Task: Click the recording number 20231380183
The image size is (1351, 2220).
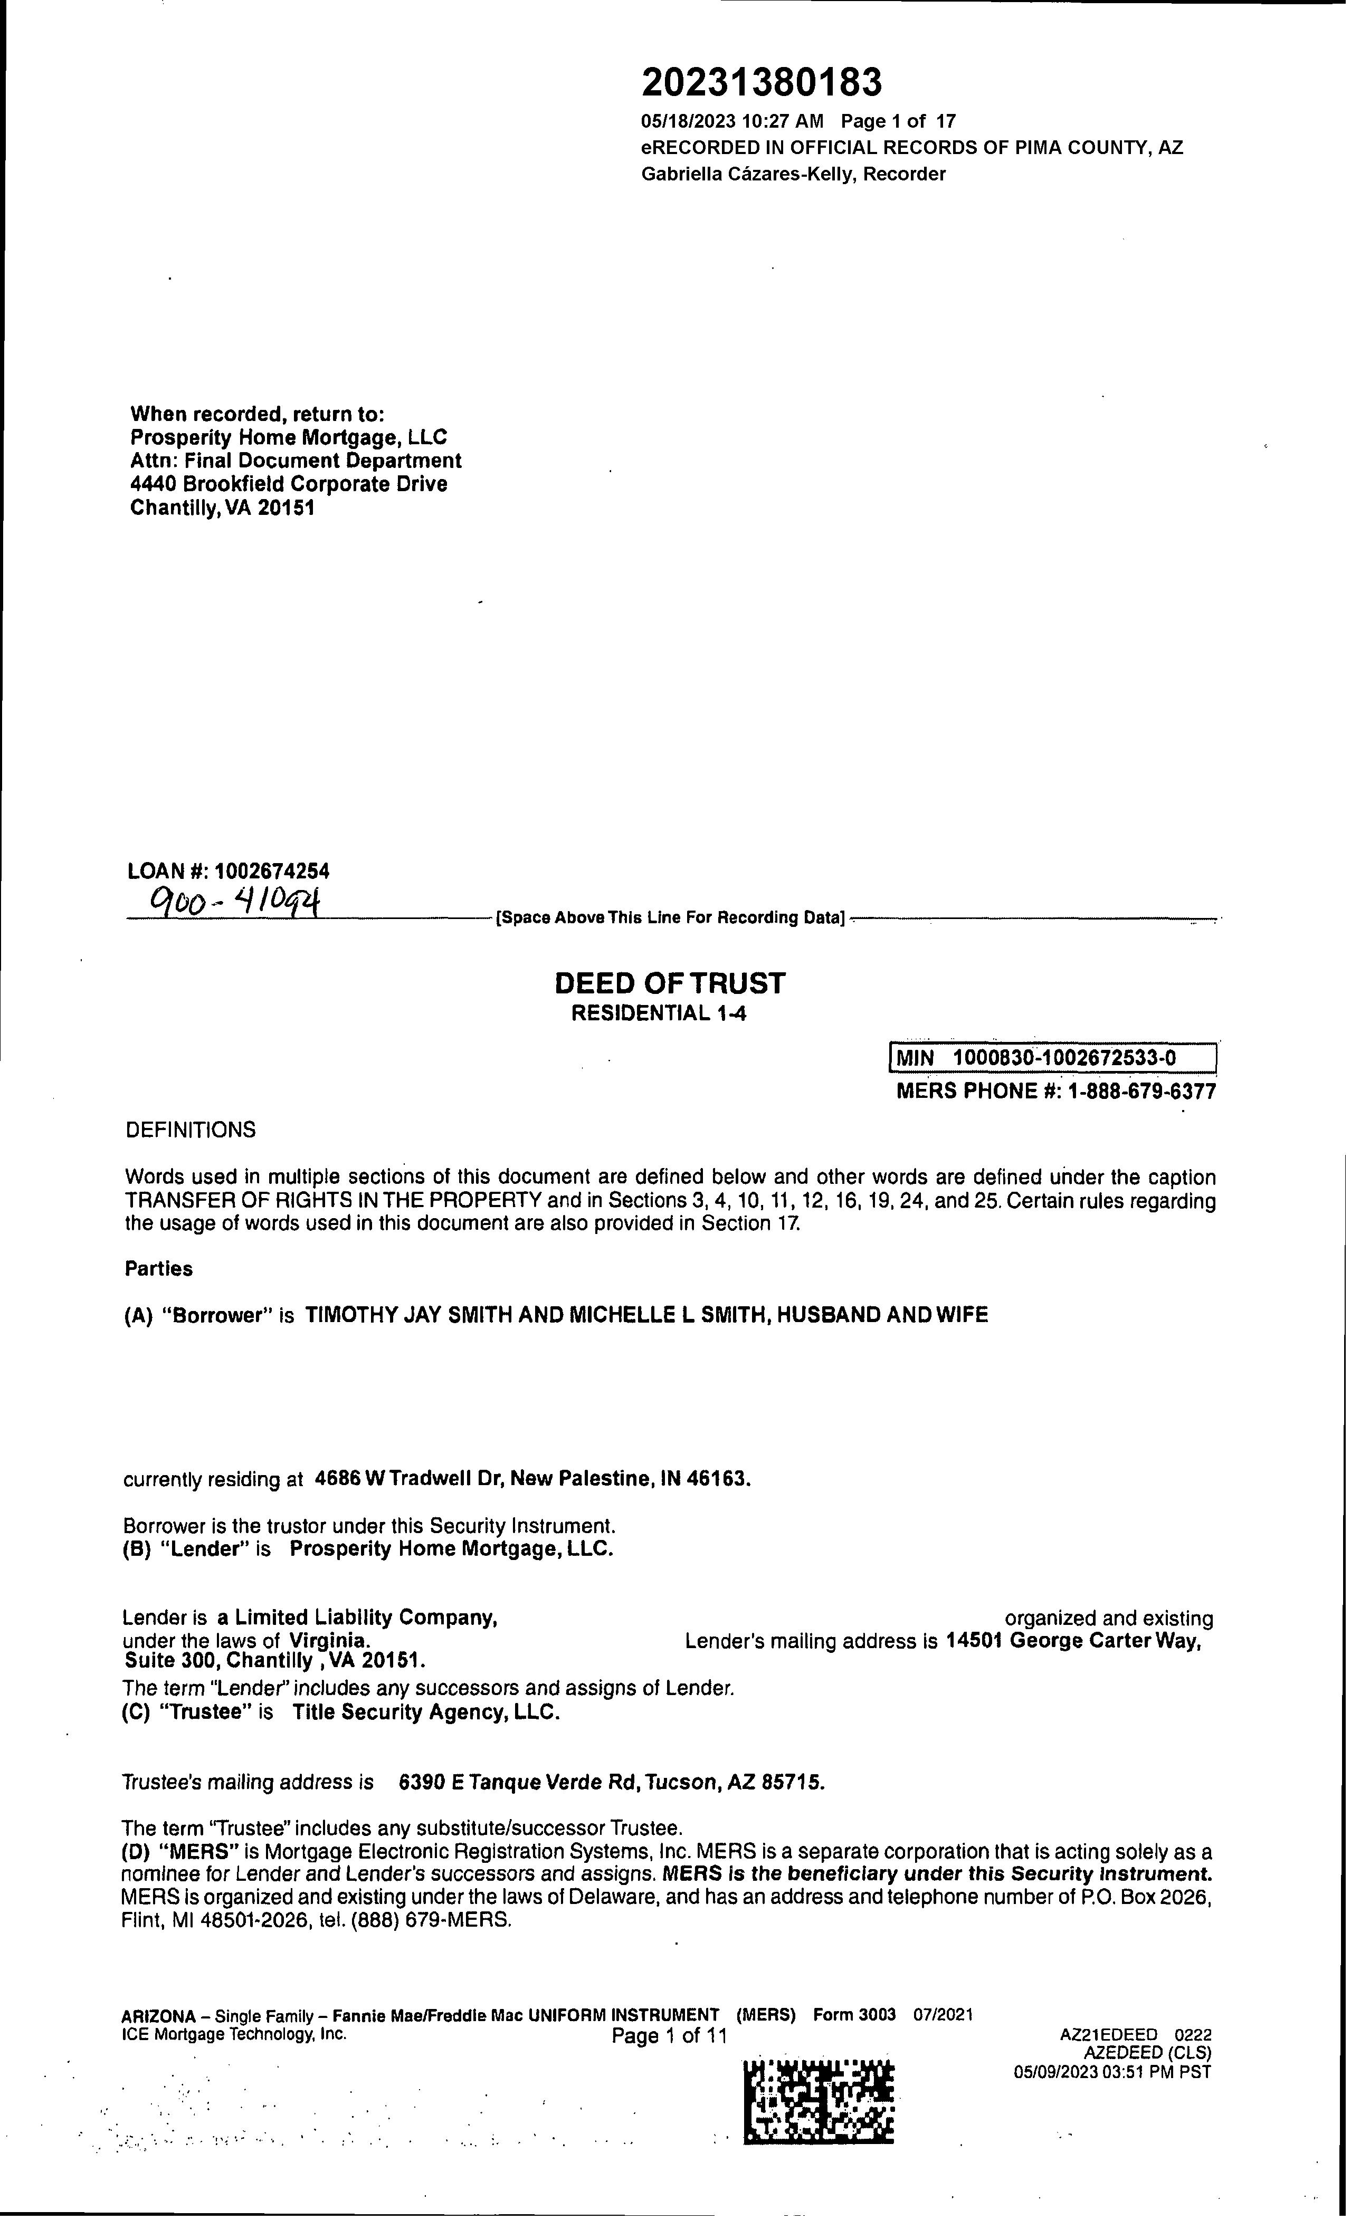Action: (x=762, y=83)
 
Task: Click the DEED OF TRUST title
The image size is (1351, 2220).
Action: (x=670, y=983)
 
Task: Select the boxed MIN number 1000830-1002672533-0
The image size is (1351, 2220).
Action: (x=1063, y=1057)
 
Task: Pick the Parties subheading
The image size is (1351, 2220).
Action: (x=159, y=1269)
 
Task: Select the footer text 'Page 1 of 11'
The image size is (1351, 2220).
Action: (x=669, y=2036)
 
